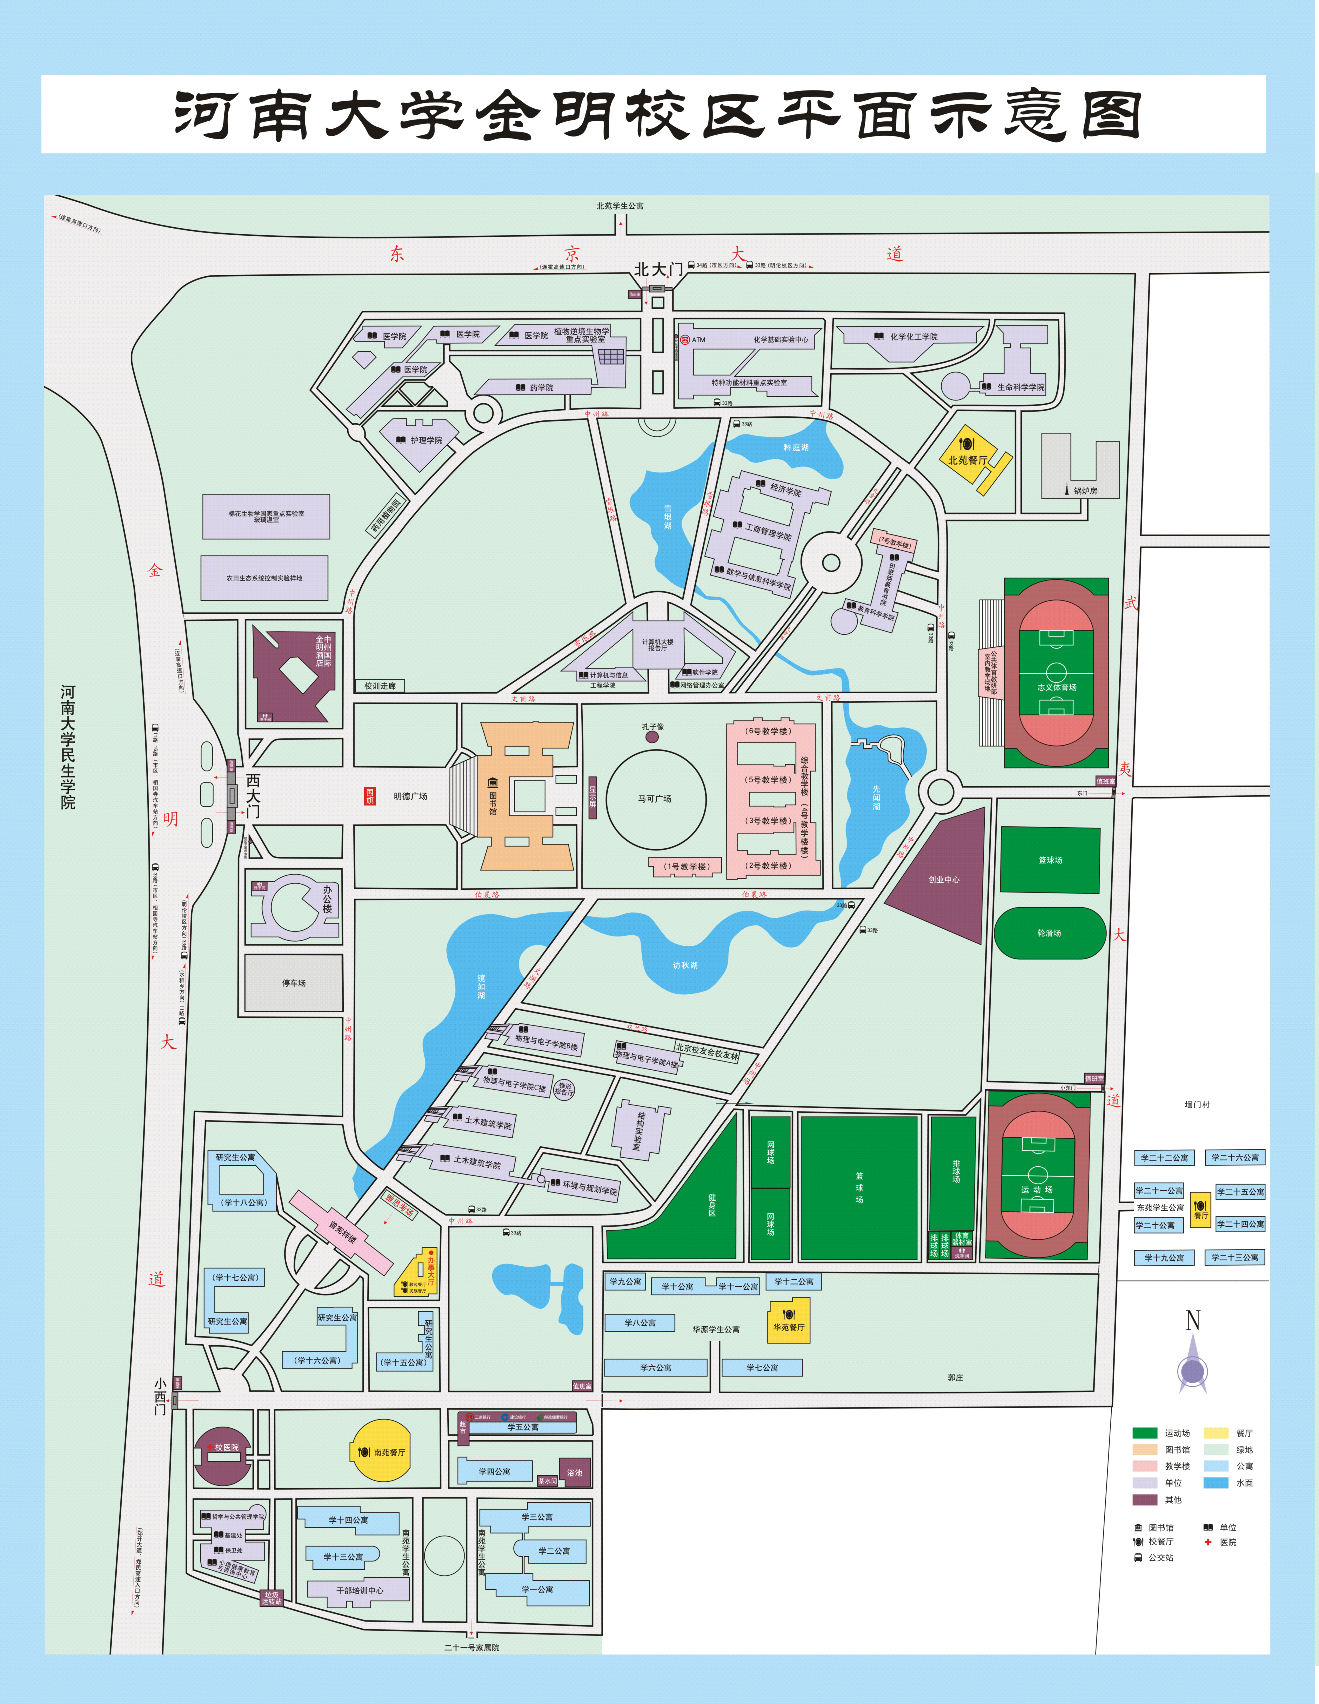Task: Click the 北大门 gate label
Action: [658, 270]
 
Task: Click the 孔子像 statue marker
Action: [652, 736]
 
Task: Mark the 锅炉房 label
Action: [1085, 491]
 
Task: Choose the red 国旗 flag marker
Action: [370, 796]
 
